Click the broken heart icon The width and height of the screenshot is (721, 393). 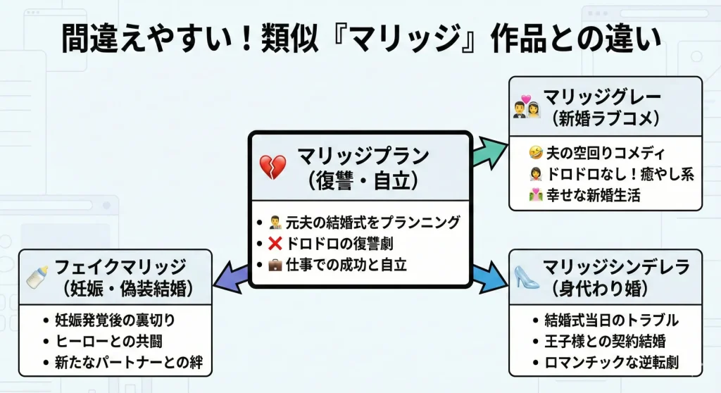[x=273, y=167]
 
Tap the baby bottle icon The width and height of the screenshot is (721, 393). [x=37, y=276]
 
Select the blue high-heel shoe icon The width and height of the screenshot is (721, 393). [x=527, y=276]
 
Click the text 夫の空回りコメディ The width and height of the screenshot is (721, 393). [x=609, y=152]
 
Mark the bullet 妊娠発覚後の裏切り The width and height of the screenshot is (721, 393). [x=114, y=320]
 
